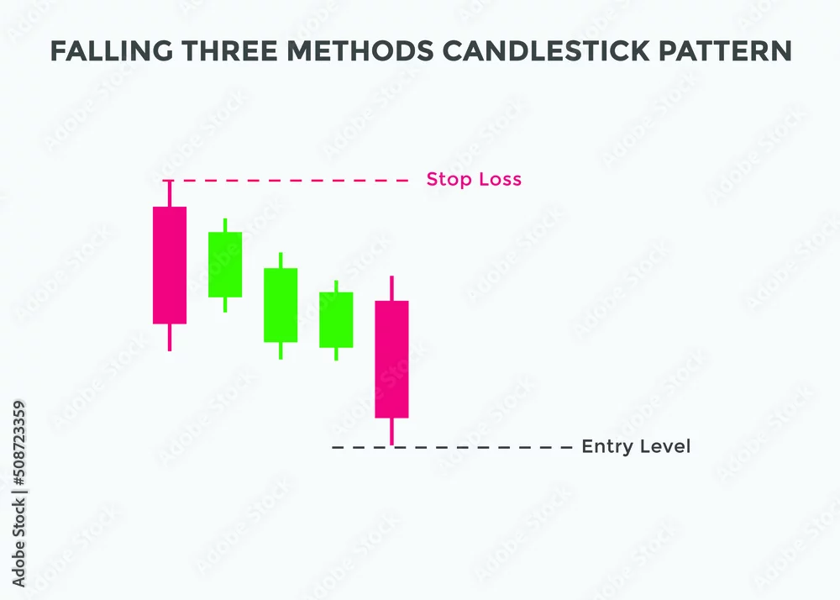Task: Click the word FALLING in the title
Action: click(x=112, y=51)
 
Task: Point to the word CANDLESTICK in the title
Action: click(x=546, y=51)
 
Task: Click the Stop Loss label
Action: click(x=474, y=179)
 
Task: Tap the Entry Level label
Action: click(x=636, y=446)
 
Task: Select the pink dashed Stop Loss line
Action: click(x=286, y=181)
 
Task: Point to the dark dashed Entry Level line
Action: click(x=452, y=447)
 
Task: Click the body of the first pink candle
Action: click(x=170, y=266)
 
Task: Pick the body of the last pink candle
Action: click(x=391, y=360)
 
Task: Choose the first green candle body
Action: click(x=225, y=265)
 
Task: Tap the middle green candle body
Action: click(x=281, y=305)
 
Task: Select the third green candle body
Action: click(x=336, y=320)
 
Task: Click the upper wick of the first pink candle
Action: click(x=170, y=194)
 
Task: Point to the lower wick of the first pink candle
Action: click(x=170, y=338)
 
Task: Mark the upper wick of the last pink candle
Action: click(x=391, y=288)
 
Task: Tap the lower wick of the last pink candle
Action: click(x=391, y=431)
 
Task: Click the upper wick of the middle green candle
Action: click(x=281, y=261)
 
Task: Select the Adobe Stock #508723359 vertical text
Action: click(x=18, y=494)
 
